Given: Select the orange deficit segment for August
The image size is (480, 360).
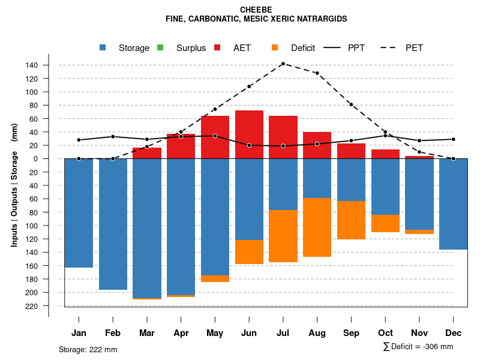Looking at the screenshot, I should coord(317,227).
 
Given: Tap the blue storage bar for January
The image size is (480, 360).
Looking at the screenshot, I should coord(79,213).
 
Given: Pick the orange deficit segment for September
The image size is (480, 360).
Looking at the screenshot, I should coord(351,220).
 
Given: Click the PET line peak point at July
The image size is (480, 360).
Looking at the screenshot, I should coord(283,64).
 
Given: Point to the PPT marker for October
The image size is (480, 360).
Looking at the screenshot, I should coord(385,136).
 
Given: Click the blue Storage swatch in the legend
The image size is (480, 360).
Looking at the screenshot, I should coord(103,47).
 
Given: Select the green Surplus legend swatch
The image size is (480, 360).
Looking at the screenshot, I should coord(160,47).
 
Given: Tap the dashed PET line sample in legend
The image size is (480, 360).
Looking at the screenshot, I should coord(390,47).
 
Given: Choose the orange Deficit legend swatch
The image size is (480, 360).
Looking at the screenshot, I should coord(275,47).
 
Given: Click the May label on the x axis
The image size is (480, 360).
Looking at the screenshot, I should coord(215,333).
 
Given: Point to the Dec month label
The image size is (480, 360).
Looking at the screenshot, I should coord(454,333).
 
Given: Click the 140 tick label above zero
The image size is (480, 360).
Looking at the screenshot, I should coord(49,65).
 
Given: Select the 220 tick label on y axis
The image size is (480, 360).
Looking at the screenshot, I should coord(49,306).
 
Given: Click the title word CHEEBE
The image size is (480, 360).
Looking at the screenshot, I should coord(256,10).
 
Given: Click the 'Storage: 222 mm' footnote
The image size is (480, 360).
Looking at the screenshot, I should coord(88,349).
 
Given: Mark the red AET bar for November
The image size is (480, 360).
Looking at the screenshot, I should coord(419,157).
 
